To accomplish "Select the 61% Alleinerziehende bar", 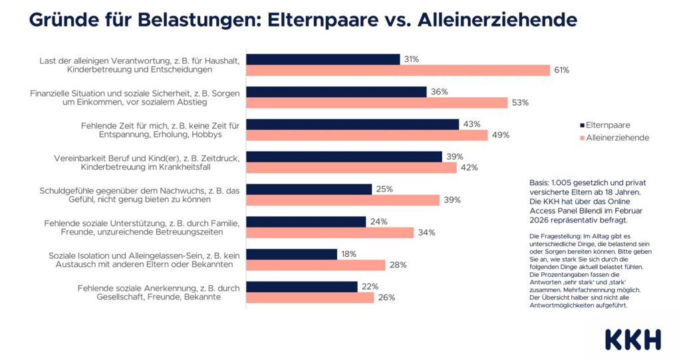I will pos(398,70).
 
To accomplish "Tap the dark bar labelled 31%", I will pos(323,59).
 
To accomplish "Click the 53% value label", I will pos(519,102).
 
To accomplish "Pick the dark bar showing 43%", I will pos(352,124).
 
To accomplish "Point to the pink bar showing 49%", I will pos(367,135).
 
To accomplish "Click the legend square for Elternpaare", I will pos(583,125).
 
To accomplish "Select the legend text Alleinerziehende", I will pos(618,138).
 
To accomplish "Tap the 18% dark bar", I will pos(291,254).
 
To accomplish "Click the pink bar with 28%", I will pos(315,265).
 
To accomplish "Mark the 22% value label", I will pos(370,287).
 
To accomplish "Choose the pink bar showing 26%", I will pos(310,297).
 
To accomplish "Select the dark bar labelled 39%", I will pos(344,156).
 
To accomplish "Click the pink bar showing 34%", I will pos(330,232).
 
